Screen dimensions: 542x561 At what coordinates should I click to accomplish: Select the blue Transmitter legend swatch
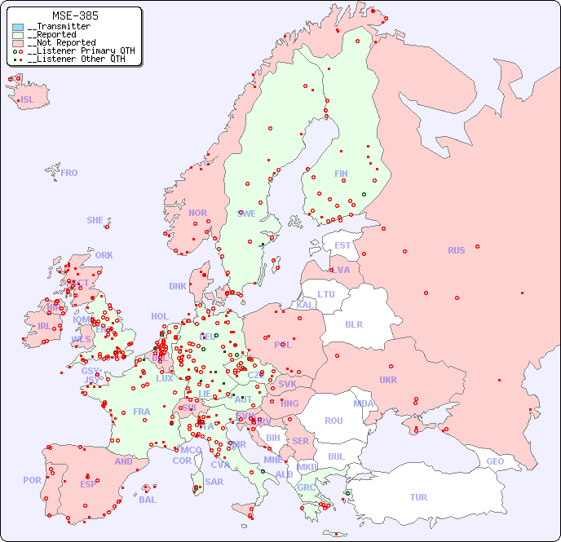[x=18, y=27]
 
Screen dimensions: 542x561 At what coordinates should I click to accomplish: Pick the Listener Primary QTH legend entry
[x=76, y=51]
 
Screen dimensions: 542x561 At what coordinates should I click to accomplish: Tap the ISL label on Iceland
[x=28, y=100]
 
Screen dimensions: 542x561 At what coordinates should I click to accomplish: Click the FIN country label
[x=341, y=174]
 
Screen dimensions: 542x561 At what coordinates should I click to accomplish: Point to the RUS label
[x=456, y=250]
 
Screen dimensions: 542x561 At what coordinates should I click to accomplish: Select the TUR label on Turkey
[x=418, y=497]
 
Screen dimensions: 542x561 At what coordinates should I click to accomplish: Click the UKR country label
[x=388, y=380]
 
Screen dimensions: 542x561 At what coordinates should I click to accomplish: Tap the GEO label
[x=495, y=461]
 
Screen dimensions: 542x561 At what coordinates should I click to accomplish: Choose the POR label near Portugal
[x=32, y=480]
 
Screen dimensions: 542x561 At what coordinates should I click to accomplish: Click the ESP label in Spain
[x=88, y=483]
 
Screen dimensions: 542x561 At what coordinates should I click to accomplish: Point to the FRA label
[x=142, y=412]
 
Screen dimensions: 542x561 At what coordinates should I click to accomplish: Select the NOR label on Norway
[x=197, y=213]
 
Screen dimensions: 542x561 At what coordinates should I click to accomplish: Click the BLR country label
[x=354, y=324]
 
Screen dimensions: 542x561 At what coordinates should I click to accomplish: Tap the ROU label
[x=334, y=421]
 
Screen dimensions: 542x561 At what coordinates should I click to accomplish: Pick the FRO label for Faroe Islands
[x=69, y=173]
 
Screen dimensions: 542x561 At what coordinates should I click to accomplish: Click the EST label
[x=342, y=245]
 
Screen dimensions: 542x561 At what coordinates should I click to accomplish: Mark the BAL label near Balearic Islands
[x=148, y=500]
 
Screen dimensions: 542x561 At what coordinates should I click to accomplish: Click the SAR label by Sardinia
[x=214, y=482]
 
